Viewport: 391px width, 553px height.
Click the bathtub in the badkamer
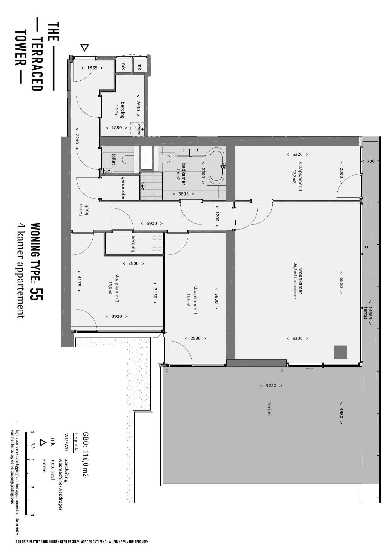tap(216, 166)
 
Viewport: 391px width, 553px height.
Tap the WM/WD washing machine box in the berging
tap(138, 129)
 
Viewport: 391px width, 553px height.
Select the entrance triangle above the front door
tap(84, 48)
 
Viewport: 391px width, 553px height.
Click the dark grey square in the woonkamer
tap(341, 352)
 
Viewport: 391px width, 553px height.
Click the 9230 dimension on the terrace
tap(271, 385)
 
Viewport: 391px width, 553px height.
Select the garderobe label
tap(123, 188)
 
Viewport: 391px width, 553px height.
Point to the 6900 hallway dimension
tap(152, 223)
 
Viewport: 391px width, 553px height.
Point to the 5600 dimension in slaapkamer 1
tap(216, 298)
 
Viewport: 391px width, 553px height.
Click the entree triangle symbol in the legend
tap(43, 443)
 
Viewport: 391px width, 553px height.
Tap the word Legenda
tap(76, 443)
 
